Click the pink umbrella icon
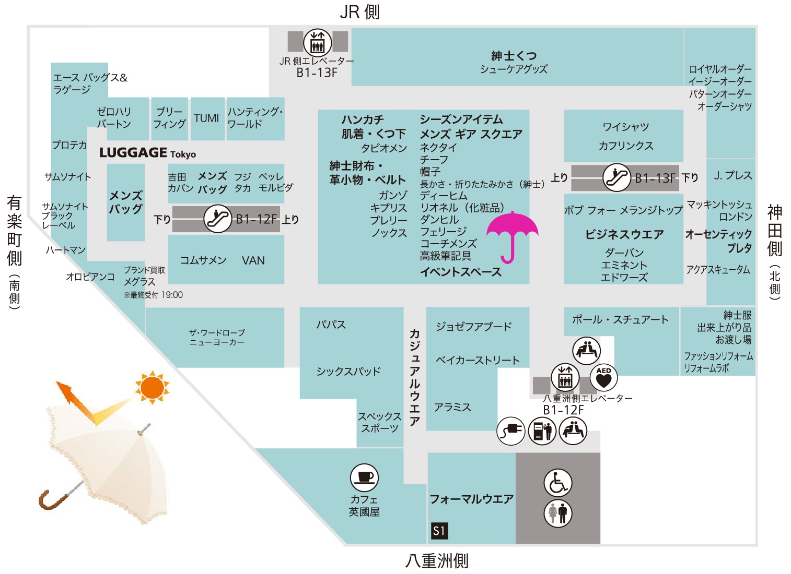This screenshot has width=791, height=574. (x=512, y=233)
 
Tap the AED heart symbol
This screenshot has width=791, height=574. (x=603, y=377)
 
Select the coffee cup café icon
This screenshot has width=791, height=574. (x=364, y=477)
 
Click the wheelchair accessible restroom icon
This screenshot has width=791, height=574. (x=557, y=483)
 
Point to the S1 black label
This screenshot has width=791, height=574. (x=439, y=531)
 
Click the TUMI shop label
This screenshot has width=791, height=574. (x=206, y=118)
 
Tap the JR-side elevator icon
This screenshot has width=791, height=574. (x=317, y=42)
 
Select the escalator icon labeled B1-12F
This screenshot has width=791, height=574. (x=217, y=219)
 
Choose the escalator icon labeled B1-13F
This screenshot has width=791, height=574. (x=616, y=177)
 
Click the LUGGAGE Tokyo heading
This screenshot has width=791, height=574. (x=148, y=153)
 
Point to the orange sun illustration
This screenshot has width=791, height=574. (x=152, y=387)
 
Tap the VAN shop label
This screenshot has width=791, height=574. (x=253, y=261)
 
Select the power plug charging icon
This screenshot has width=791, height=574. (x=510, y=431)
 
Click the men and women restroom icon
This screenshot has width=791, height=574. (x=557, y=513)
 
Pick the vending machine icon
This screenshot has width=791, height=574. (x=542, y=431)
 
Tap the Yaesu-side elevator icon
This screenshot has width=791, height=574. (x=565, y=377)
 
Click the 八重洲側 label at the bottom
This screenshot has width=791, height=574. (x=437, y=561)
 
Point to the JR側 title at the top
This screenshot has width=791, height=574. (x=360, y=12)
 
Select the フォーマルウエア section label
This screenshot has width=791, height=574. (x=471, y=499)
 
